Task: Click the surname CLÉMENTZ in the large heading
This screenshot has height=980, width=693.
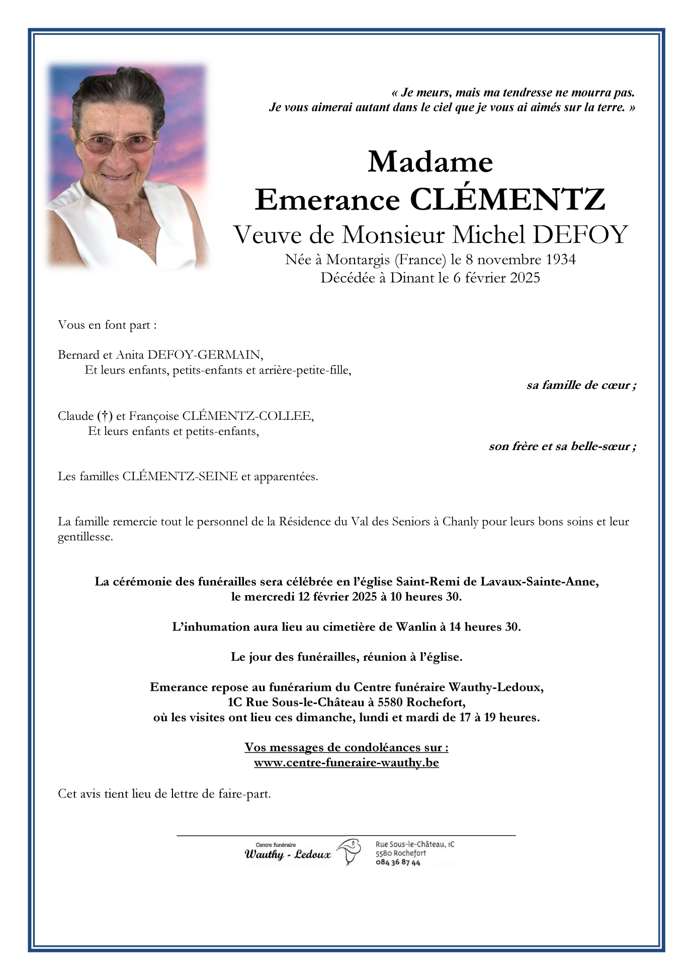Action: click(507, 200)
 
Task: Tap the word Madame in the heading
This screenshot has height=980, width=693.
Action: click(430, 162)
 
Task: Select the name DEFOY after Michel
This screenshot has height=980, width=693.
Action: click(580, 234)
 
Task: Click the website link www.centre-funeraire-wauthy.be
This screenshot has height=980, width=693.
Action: click(346, 762)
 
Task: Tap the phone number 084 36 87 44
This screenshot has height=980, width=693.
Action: click(398, 862)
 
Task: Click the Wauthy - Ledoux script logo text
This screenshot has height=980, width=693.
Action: click(288, 854)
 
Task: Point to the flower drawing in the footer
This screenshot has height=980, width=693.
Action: click(350, 852)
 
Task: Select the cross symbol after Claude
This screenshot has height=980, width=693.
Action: click(105, 416)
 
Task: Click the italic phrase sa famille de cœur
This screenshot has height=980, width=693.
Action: click(581, 385)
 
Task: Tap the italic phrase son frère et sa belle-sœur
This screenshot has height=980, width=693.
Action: click(562, 447)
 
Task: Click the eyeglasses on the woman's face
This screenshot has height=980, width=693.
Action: click(118, 143)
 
